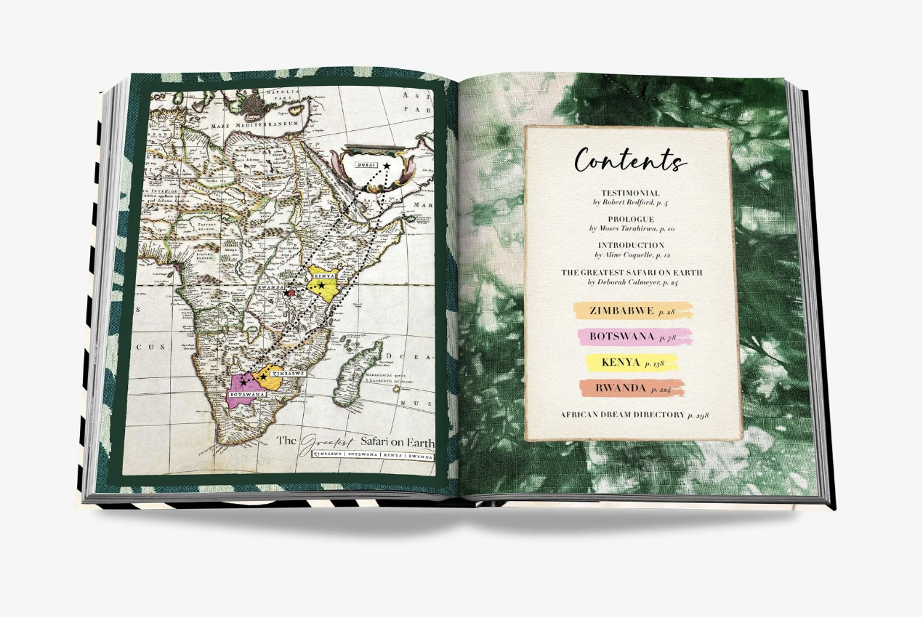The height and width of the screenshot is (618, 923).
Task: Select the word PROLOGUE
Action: click(x=631, y=219)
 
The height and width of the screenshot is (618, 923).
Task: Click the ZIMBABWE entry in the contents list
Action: click(x=622, y=310)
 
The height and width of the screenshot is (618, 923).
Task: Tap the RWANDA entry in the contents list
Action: click(x=621, y=388)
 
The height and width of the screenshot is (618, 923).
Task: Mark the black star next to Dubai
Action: click(x=387, y=166)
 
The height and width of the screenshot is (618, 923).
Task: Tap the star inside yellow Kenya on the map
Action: click(x=321, y=286)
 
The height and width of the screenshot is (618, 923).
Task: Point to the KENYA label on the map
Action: click(x=323, y=276)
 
